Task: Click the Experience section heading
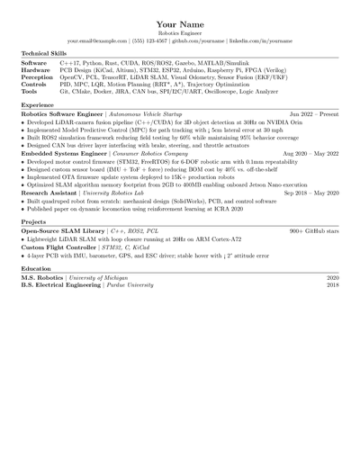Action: click(38, 105)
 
